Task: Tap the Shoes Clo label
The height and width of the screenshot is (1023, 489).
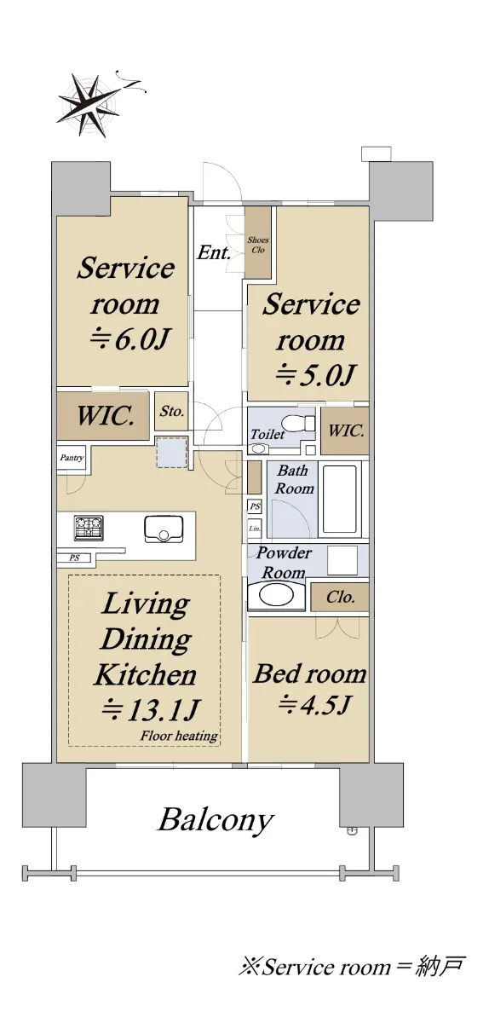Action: click(x=258, y=245)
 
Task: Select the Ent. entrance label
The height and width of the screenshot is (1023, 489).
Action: click(x=214, y=252)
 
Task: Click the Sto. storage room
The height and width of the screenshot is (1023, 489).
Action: click(x=171, y=411)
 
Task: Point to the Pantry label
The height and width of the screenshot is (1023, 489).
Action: click(x=72, y=458)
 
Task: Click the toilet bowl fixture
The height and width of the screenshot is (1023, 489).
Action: click(x=297, y=423)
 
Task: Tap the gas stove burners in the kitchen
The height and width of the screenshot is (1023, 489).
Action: click(x=89, y=528)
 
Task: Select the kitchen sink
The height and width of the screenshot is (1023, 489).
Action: click(x=164, y=529)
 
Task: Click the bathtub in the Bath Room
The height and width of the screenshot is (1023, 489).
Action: click(x=339, y=499)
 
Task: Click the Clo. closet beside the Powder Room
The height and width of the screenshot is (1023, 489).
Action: click(x=340, y=597)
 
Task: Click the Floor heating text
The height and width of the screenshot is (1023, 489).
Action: click(x=179, y=736)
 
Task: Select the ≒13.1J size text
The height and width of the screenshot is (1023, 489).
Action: click(x=150, y=710)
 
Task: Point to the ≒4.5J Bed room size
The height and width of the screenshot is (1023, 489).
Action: click(x=314, y=704)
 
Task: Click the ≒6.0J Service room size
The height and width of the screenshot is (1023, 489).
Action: click(x=129, y=339)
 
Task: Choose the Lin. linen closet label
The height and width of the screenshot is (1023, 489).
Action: click(x=255, y=529)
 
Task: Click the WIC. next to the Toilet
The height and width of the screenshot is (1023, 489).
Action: click(x=345, y=431)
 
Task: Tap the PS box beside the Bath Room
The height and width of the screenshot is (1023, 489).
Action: click(x=255, y=506)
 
